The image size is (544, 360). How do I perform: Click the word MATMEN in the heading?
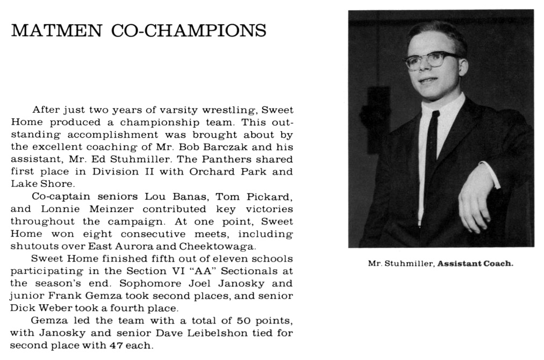tap(55, 30)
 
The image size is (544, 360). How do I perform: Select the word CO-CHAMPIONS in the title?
tap(188, 30)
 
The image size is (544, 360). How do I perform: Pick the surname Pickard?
tap(270, 196)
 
